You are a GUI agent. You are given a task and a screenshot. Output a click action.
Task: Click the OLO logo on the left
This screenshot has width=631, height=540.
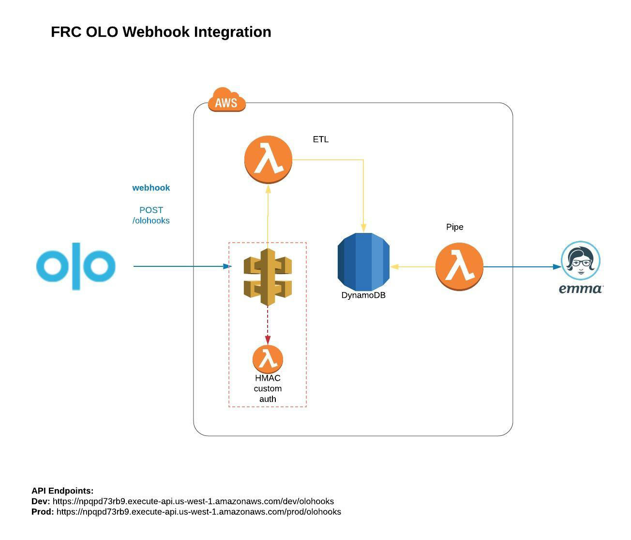point(76,266)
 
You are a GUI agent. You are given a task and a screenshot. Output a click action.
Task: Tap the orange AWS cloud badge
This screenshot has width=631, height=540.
point(226,100)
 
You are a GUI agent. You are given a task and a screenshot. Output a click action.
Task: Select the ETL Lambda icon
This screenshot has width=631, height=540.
point(268,160)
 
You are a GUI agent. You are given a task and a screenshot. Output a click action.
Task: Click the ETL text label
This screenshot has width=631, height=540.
point(320,139)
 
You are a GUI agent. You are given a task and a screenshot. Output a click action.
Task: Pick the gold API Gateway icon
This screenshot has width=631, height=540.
point(268,278)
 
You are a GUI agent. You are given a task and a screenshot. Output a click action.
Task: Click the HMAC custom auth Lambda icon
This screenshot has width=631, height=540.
point(268,359)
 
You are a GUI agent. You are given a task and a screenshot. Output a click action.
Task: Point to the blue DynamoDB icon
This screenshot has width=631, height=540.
point(363,262)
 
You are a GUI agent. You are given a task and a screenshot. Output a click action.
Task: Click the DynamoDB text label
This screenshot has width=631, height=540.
point(363,295)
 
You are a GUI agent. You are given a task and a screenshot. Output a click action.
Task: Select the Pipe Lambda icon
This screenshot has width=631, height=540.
point(459,266)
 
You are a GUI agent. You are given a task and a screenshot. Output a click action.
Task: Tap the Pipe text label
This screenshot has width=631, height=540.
point(454,227)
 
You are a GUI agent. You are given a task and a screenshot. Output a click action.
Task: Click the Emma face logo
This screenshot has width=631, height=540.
point(580,261)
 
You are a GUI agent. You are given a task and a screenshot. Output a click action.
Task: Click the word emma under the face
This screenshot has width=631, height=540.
point(580,289)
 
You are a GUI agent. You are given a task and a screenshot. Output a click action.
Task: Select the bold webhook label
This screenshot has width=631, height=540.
point(151,188)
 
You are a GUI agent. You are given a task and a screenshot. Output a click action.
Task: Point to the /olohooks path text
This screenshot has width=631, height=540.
point(151,221)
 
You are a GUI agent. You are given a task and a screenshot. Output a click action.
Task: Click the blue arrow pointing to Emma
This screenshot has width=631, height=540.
point(523,266)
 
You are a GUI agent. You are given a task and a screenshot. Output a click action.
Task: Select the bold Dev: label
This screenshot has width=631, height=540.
point(41,501)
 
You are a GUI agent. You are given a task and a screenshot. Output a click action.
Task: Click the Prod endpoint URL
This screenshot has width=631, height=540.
point(198,512)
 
